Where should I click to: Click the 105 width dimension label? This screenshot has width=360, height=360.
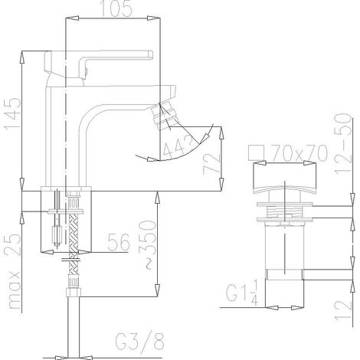pyautogui.click(x=116, y=8)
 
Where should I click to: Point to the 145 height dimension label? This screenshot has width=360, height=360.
pyautogui.click(x=13, y=114)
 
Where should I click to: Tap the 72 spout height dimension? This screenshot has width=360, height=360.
pyautogui.click(x=211, y=164)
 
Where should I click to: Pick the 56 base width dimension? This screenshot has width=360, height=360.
pyautogui.click(x=119, y=242)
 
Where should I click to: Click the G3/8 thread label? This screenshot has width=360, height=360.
pyautogui.click(x=139, y=341)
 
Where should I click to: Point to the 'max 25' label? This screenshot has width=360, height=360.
pyautogui.click(x=13, y=271)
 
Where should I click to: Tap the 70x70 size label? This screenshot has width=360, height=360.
pyautogui.click(x=299, y=153)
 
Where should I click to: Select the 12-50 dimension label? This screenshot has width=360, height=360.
pyautogui.click(x=343, y=144)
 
